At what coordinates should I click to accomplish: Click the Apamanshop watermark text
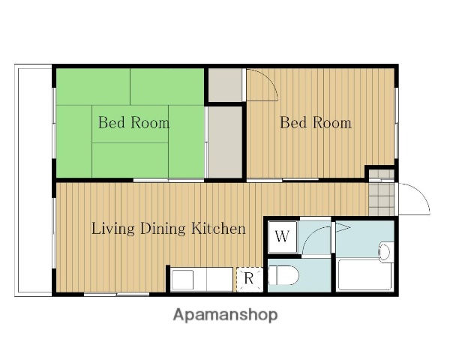tap(226, 315)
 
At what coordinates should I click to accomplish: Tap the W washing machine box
tap(283, 237)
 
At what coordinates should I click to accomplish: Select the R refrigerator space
tap(250, 279)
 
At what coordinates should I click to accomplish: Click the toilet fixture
tap(283, 275)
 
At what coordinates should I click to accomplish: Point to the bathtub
tap(365, 274)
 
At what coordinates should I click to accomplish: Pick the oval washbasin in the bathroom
tap(385, 252)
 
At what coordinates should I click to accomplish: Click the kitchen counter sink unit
tap(201, 279)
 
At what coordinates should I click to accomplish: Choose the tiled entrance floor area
tap(382, 193)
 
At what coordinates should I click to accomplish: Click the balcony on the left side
tap(33, 180)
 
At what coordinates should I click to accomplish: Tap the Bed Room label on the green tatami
tap(134, 122)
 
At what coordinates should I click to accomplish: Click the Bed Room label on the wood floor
tap(316, 122)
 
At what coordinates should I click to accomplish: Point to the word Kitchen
tap(219, 229)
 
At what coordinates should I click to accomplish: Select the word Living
tap(113, 229)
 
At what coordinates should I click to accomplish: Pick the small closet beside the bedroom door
tap(225, 85)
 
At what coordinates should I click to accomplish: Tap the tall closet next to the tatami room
tap(225, 142)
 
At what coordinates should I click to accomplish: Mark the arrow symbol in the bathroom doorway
tap(343, 228)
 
